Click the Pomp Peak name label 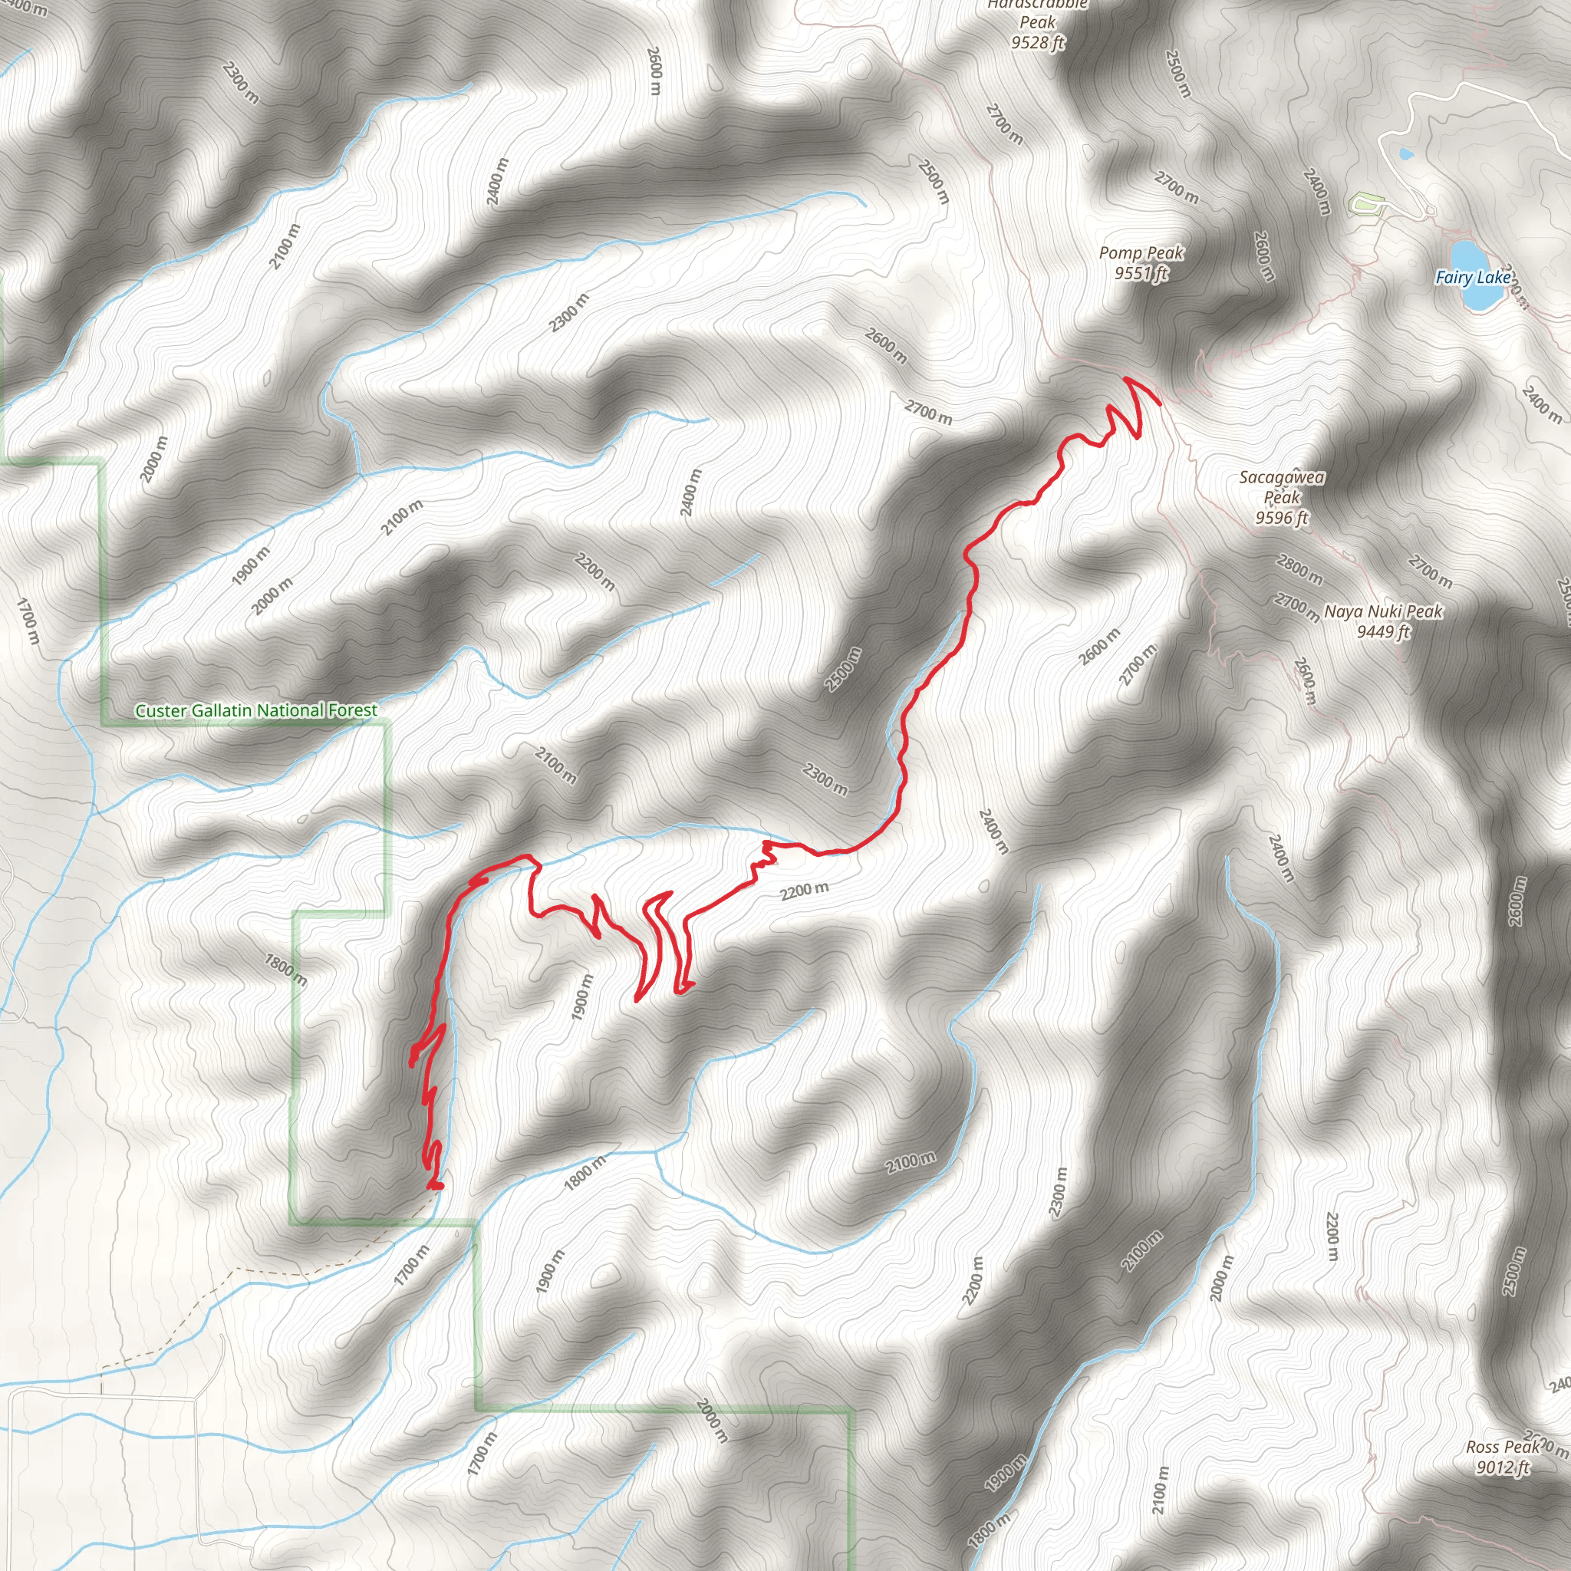(1141, 254)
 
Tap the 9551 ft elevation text (1141, 273)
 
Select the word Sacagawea (1282, 477)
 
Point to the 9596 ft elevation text (1282, 517)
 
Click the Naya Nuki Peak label (1383, 611)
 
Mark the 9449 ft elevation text (1383, 631)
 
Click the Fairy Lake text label (1473, 277)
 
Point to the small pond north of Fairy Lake (1405, 153)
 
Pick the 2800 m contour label (1299, 568)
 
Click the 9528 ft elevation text (1038, 42)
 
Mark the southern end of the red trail (436, 1187)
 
